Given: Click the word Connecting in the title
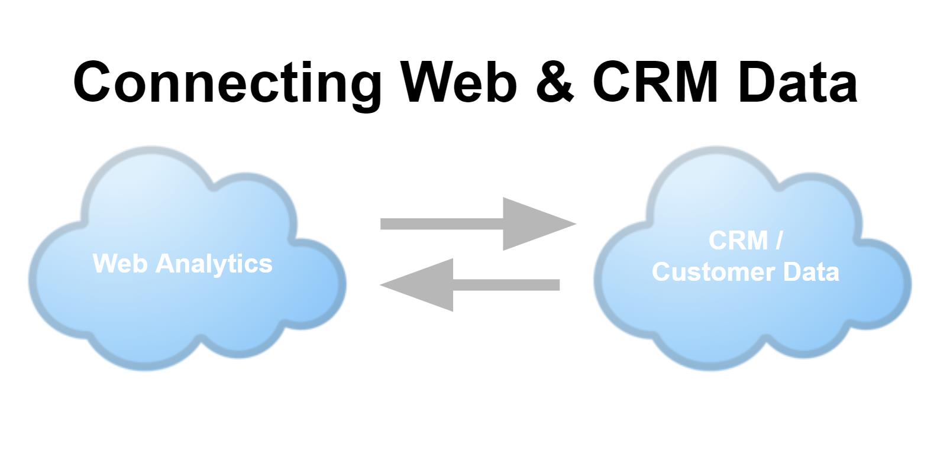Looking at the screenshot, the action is point(227,83).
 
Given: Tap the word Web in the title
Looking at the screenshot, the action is point(459,82).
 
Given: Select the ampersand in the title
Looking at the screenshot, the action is point(555,82).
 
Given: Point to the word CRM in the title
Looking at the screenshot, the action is point(655,82).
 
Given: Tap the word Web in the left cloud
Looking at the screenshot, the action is point(119,264).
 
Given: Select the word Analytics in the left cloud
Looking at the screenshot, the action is point(214,264).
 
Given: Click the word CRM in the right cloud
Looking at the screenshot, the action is point(738,241).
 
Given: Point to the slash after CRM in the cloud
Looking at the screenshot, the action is point(778,241).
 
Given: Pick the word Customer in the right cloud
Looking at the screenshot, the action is point(713,272).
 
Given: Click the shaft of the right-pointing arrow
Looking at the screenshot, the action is point(442,223).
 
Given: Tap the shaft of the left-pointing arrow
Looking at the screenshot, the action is point(506,285).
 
